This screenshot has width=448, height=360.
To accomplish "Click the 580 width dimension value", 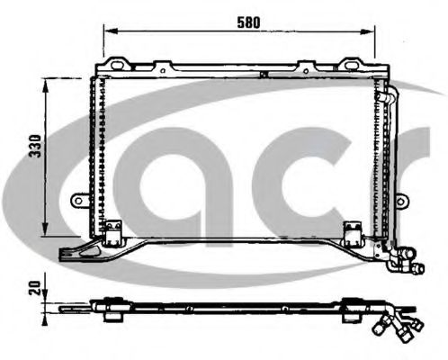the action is point(248,22).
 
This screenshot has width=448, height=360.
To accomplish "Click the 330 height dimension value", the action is point(36,146).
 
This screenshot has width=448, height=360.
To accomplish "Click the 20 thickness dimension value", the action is point(35,288).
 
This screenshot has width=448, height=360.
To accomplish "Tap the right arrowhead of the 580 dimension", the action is point(367,31).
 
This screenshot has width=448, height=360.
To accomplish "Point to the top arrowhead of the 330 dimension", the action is point(45,86).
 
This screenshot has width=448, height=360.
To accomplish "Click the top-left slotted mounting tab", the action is point(117,64).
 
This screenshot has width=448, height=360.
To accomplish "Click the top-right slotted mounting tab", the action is point(351,64).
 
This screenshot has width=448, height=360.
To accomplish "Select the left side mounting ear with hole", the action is point(79,200).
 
